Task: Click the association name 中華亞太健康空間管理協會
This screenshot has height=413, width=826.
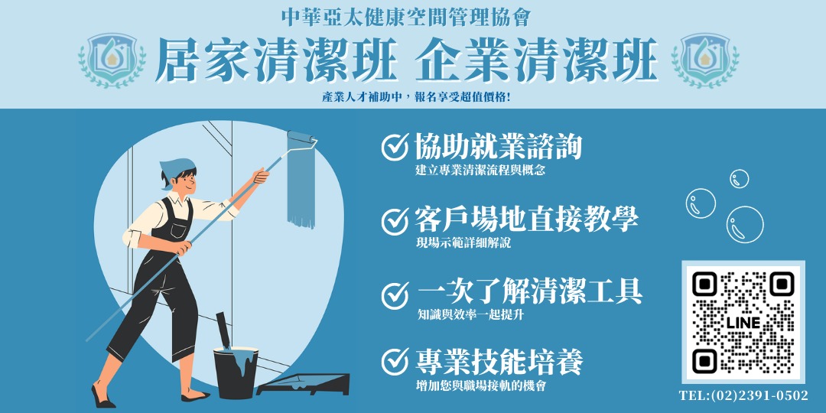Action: pyautogui.click(x=405, y=18)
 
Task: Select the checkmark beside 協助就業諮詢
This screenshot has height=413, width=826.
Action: pyautogui.click(x=395, y=146)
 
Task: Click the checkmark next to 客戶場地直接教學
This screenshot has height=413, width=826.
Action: pyautogui.click(x=395, y=221)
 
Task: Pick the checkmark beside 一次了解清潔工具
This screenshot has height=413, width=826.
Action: pyautogui.click(x=395, y=295)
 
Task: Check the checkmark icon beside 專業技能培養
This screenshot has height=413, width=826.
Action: pyautogui.click(x=395, y=362)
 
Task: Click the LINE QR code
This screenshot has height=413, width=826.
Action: pyautogui.click(x=743, y=322)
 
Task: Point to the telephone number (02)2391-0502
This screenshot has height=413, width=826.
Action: pyautogui.click(x=743, y=395)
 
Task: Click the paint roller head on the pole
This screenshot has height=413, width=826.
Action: pyautogui.click(x=302, y=141)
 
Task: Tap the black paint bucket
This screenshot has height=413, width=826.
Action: pyautogui.click(x=236, y=372)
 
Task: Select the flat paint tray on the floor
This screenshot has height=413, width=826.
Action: pyautogui.click(x=304, y=384)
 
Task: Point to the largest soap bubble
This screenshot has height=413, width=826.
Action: pyautogui.click(x=745, y=224)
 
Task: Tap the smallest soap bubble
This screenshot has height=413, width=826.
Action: pyautogui.click(x=739, y=178)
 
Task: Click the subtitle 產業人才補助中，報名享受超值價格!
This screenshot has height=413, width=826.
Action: pyautogui.click(x=416, y=98)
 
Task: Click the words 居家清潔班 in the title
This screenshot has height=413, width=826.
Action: pyautogui.click(x=276, y=60)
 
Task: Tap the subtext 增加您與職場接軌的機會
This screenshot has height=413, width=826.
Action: pyautogui.click(x=480, y=385)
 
